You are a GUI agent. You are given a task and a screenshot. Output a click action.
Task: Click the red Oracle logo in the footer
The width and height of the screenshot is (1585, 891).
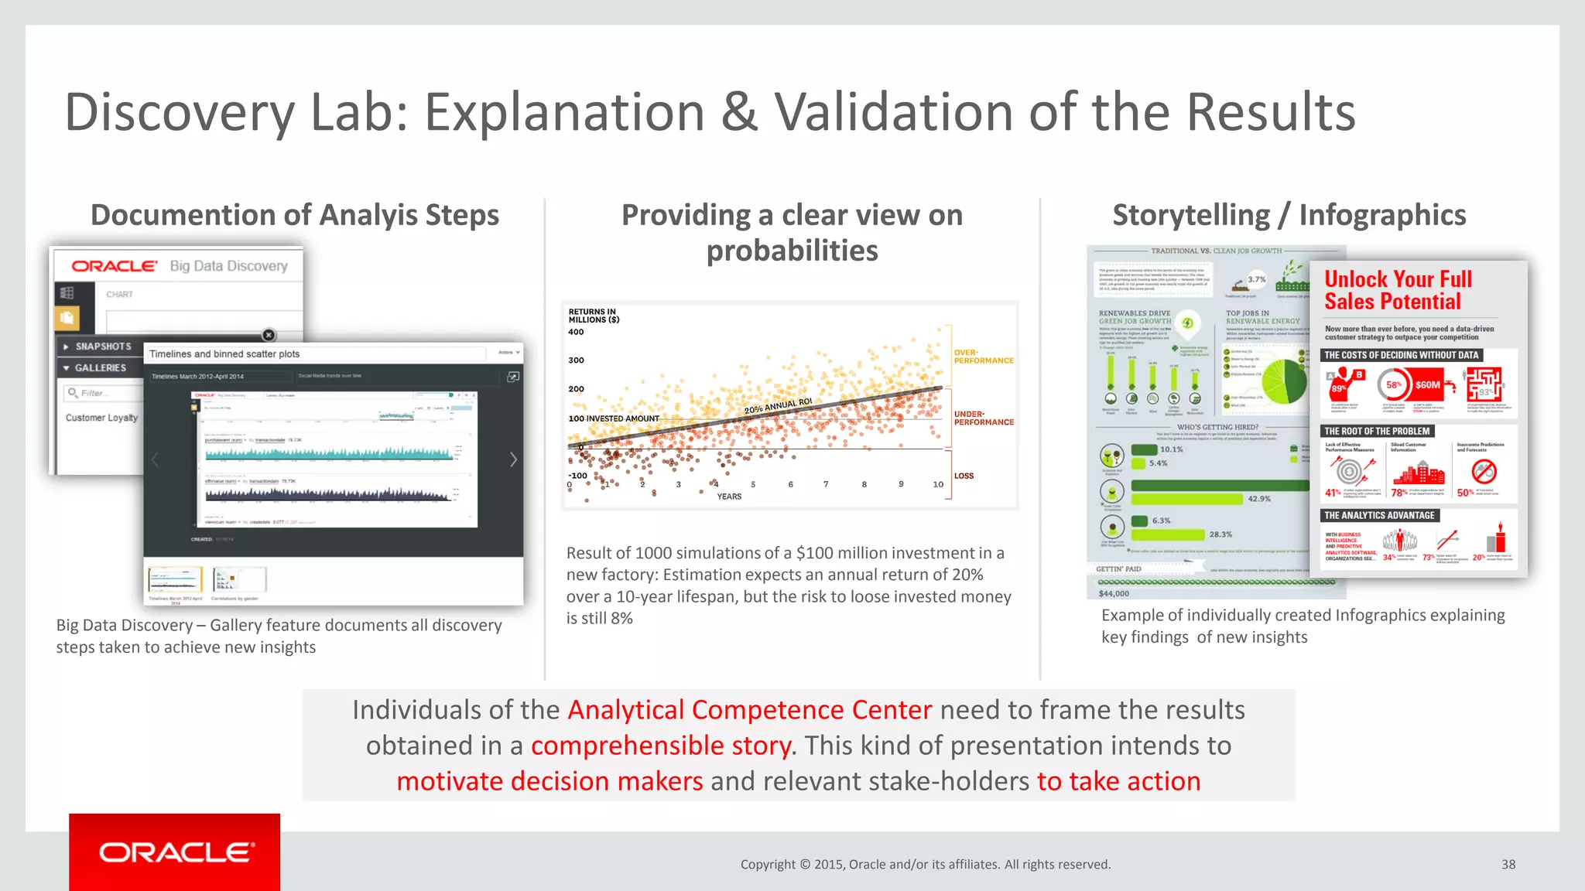pos(175,852)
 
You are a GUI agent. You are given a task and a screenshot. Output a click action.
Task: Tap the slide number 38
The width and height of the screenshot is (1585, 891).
pos(1508,865)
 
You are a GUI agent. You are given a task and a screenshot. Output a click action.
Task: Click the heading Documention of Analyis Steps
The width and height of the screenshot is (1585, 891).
pos(295,215)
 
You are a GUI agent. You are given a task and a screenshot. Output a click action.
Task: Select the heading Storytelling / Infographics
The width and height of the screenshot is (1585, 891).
pos(1289,215)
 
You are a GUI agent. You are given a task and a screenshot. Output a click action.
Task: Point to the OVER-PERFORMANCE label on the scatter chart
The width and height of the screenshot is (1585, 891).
pos(983,357)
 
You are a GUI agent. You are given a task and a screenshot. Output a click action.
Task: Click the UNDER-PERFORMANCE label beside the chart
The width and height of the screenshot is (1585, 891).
pos(983,418)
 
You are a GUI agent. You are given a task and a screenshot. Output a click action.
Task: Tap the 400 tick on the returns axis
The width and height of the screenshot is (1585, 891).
pos(576,333)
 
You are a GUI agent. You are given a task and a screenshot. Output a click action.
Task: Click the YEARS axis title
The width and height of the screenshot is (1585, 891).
pos(729,497)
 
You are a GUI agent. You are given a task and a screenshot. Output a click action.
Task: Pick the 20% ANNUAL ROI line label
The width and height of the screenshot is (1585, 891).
pos(778,406)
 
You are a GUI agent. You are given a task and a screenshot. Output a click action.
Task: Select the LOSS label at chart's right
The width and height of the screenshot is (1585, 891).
pos(964,476)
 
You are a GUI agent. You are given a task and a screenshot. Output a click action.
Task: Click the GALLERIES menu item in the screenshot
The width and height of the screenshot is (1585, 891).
pos(100,368)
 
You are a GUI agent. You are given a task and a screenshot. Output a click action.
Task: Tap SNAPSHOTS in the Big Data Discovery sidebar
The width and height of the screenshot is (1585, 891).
pos(103,346)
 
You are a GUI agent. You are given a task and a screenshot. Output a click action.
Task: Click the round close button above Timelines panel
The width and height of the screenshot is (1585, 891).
pos(269,335)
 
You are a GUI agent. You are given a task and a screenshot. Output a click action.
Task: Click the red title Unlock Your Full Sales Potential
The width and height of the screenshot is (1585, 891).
pos(1398,290)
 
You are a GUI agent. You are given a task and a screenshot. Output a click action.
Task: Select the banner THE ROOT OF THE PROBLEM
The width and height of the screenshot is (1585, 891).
pos(1377,432)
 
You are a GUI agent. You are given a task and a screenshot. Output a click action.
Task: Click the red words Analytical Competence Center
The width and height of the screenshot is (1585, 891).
pos(749,710)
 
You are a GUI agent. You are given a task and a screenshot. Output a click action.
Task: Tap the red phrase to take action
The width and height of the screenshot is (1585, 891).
pos(1118,781)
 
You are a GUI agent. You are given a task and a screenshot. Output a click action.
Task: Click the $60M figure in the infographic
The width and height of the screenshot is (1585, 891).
pos(1427,384)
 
